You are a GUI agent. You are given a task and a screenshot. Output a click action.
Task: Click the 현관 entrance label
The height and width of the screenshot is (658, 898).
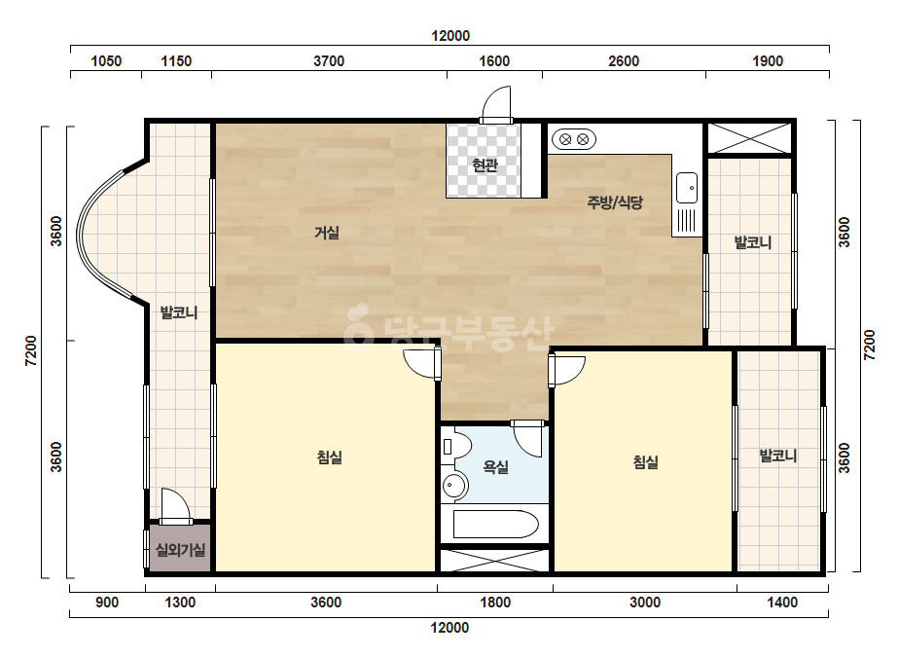click(485, 165)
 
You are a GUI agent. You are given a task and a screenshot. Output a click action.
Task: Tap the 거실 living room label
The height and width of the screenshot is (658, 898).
click(327, 233)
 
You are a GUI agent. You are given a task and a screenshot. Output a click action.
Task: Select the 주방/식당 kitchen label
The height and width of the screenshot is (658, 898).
click(615, 202)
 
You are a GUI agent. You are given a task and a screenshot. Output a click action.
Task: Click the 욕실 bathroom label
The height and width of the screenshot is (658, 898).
click(495, 467)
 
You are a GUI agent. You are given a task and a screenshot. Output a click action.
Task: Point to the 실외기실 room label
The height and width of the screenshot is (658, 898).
click(180, 550)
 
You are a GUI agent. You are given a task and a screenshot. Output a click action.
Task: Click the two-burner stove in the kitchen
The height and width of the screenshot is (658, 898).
click(574, 139)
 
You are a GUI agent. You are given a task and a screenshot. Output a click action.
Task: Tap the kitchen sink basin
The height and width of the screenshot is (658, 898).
click(687, 188)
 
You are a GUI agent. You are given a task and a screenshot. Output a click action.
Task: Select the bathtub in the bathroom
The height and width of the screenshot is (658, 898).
click(496, 524)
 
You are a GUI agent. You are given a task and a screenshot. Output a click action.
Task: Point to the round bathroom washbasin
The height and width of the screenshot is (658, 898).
click(454, 486)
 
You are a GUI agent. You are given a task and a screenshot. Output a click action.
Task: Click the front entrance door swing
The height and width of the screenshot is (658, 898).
click(496, 104)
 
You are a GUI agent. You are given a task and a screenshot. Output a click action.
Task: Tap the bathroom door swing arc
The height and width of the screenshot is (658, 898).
click(527, 439)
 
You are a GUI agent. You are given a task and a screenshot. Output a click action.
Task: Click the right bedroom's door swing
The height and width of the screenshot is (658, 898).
click(566, 371)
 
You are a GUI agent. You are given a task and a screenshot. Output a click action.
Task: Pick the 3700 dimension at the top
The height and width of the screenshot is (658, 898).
click(329, 61)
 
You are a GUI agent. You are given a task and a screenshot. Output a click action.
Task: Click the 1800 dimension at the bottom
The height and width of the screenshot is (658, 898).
click(495, 603)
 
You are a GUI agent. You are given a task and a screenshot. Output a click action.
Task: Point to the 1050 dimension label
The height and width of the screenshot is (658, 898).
click(106, 61)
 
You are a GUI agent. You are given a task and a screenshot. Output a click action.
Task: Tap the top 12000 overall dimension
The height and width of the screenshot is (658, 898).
click(450, 36)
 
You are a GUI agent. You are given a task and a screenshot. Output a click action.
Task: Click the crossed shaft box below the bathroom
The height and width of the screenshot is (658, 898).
click(495, 561)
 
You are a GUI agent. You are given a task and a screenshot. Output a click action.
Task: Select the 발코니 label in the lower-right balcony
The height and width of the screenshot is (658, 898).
click(777, 457)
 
